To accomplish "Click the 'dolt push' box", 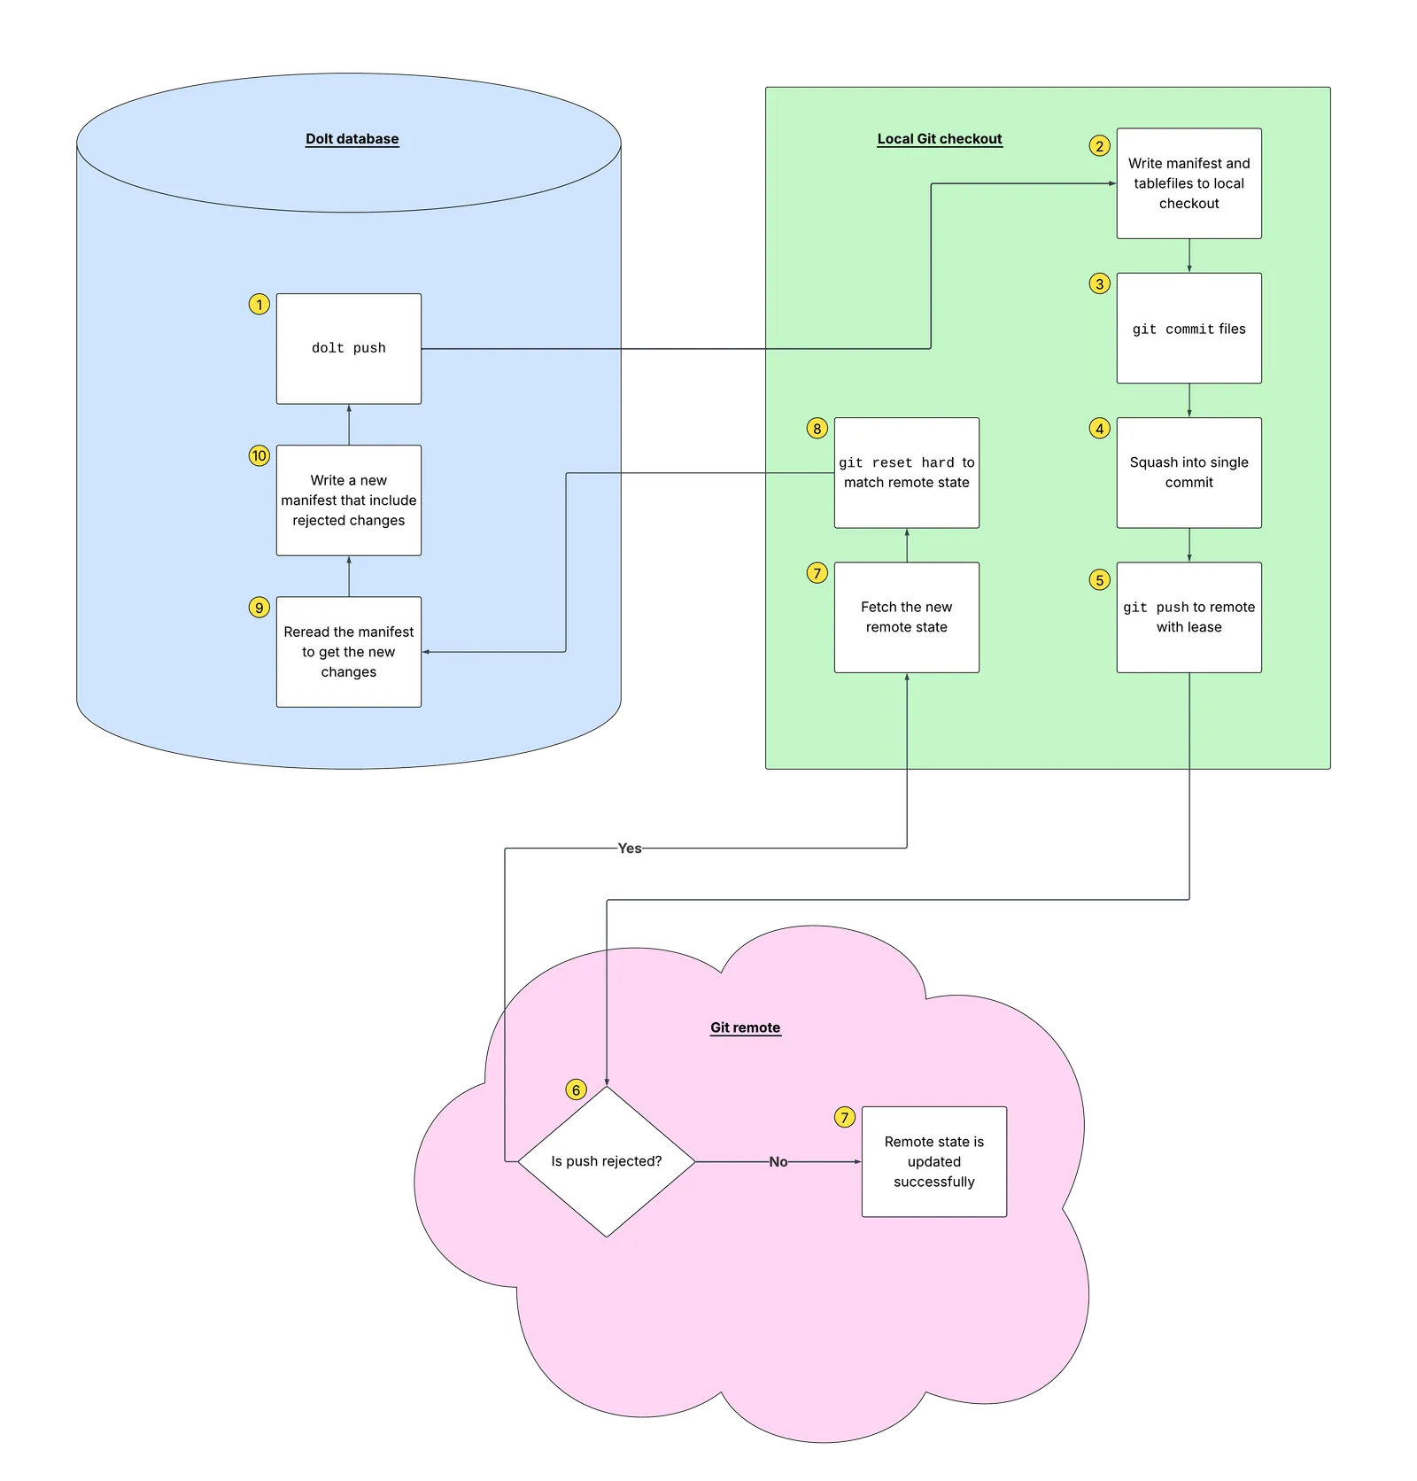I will coord(348,348).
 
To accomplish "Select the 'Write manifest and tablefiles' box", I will coord(1189,183).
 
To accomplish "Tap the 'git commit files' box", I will coord(1189,328).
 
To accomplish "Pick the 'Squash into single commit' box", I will coord(1189,472).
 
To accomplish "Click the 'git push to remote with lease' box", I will coord(1189,617).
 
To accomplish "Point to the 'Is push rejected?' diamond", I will coord(606,1161).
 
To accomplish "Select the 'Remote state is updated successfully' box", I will coord(933,1161).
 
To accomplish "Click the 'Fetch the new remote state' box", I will coord(906,617).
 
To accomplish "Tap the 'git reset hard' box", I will coord(906,472).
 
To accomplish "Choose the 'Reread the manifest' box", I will coord(348,652).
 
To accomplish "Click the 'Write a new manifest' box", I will coord(348,500).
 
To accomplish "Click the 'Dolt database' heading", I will coord(352,139).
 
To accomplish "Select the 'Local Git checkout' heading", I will coord(939,139).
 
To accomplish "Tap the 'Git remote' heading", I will coord(745,1027).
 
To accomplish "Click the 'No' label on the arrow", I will coord(778,1162).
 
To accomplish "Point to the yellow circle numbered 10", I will coord(259,456).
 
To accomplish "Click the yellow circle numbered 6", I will coord(576,1089).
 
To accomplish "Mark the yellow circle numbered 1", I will coord(259,305).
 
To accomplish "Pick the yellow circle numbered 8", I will coord(817,429).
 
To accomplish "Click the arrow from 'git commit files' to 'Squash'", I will coord(1189,400).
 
